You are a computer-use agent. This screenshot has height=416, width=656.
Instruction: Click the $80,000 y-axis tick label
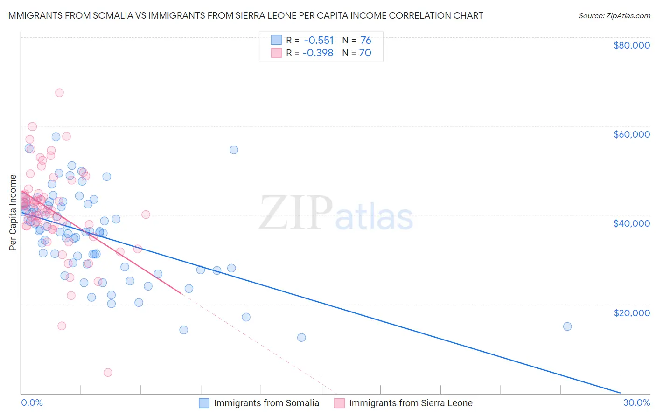click(x=631, y=45)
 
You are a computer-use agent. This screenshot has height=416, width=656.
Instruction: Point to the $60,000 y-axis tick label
click(x=631, y=134)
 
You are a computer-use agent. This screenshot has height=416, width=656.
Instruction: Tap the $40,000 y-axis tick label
click(x=631, y=223)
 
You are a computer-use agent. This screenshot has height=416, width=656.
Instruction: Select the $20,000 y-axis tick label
click(x=631, y=312)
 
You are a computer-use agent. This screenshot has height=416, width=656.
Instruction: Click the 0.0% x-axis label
click(x=32, y=402)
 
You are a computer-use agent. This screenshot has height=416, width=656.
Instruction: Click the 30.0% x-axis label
click(x=636, y=402)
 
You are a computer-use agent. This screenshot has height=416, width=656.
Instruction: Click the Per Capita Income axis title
click(x=13, y=212)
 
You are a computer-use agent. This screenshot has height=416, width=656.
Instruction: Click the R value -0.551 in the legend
click(x=319, y=40)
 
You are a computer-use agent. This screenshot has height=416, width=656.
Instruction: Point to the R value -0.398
click(x=318, y=53)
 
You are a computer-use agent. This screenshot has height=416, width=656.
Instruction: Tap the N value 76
click(x=366, y=40)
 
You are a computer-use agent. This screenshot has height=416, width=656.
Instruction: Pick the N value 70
click(x=365, y=53)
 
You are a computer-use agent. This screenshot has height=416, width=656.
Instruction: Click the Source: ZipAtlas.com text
click(x=614, y=15)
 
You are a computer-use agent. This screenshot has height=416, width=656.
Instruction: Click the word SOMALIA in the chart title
click(x=107, y=15)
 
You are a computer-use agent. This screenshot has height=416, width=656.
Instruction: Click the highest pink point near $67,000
click(x=59, y=92)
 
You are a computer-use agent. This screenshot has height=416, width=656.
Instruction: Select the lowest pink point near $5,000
click(x=108, y=372)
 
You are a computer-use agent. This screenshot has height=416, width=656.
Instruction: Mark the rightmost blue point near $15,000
click(x=567, y=326)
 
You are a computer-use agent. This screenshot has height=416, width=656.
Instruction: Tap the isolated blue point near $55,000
click(x=234, y=150)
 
